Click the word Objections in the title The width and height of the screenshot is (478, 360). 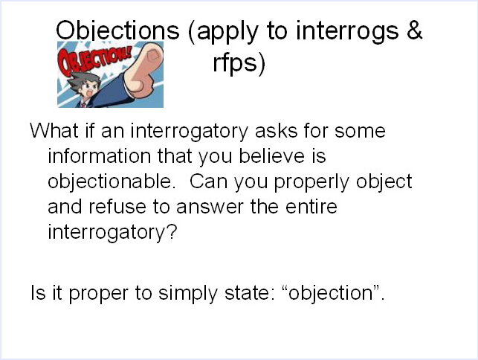click(x=117, y=30)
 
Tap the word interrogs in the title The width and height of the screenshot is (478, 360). click(x=347, y=32)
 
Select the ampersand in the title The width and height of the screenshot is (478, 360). click(x=414, y=30)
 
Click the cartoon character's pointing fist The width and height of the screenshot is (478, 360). click(x=145, y=70)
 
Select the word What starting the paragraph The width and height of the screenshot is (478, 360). click(x=54, y=131)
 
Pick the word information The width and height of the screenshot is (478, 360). click(x=100, y=156)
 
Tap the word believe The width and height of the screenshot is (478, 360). click(x=272, y=156)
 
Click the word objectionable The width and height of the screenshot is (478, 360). click(x=112, y=181)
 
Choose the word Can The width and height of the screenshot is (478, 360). click(x=209, y=181)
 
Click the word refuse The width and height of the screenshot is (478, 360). click(x=117, y=207)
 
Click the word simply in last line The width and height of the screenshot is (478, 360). click(x=188, y=294)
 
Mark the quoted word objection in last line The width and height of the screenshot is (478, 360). click(x=331, y=294)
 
